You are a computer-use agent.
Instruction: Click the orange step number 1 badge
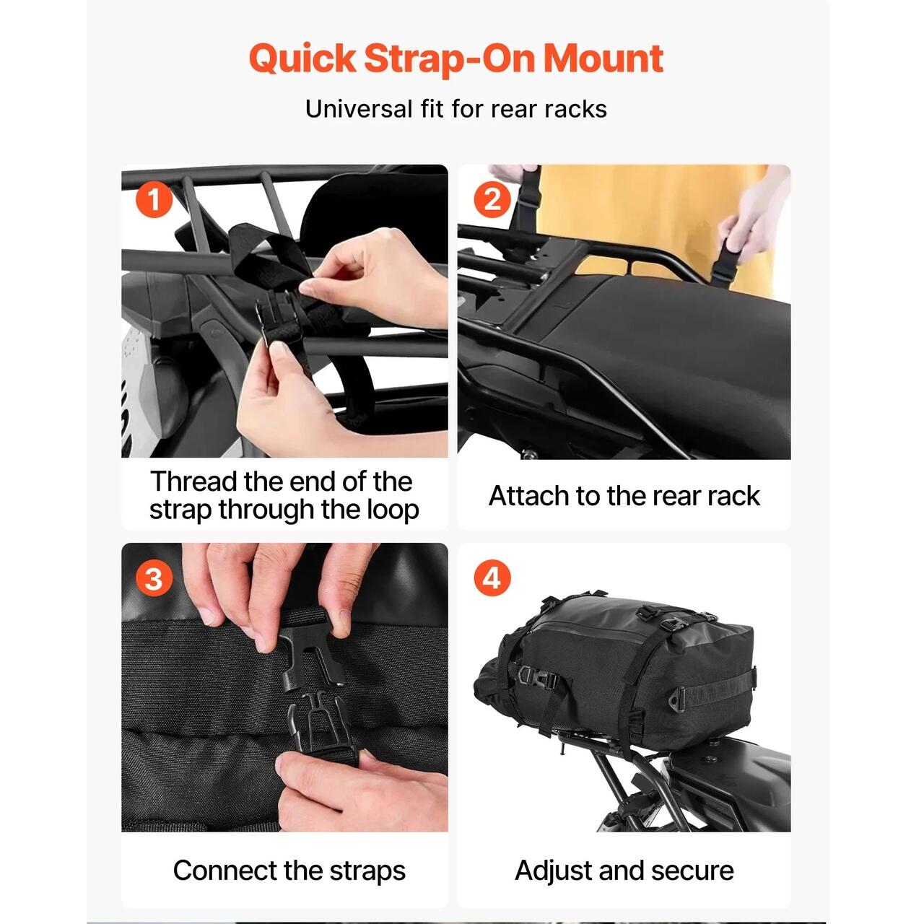click(x=154, y=200)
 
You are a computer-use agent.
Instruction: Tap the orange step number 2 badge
click(x=492, y=200)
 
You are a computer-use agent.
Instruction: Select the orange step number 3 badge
click(x=154, y=579)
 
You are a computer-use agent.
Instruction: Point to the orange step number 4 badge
click(x=492, y=579)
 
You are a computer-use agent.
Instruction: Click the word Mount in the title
click(x=603, y=58)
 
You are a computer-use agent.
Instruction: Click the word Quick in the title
click(x=302, y=58)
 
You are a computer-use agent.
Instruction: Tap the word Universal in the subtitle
click(x=359, y=109)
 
